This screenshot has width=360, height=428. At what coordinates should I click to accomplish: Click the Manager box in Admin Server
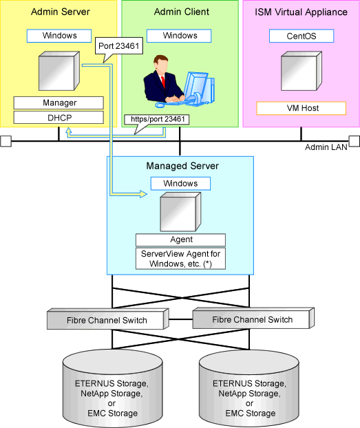tap(59, 103)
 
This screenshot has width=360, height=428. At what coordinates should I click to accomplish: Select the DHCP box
tap(59, 118)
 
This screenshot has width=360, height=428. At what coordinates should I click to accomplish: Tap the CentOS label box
tap(301, 36)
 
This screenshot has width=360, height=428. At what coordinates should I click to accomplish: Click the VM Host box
tap(301, 108)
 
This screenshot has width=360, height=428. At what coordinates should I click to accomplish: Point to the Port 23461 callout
tap(119, 46)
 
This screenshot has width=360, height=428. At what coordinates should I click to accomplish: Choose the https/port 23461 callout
tap(156, 120)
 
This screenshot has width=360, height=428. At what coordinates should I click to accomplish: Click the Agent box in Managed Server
tap(180, 239)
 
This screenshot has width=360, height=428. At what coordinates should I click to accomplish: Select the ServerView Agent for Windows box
tap(180, 259)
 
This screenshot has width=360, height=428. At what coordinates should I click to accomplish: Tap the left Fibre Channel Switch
tap(107, 319)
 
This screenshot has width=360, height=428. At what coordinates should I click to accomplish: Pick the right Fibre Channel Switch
tap(253, 319)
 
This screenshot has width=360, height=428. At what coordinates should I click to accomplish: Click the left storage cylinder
tap(112, 388)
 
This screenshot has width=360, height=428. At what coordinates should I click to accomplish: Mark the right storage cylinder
tap(249, 388)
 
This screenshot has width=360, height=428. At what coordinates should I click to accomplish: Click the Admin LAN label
tap(326, 147)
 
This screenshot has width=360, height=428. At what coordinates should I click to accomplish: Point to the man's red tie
tap(163, 82)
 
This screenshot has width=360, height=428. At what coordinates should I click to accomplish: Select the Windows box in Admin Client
tap(179, 36)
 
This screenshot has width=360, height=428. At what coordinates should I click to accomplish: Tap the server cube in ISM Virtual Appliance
tap(301, 71)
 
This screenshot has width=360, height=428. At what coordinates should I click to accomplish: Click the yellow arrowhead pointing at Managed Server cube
tap(143, 194)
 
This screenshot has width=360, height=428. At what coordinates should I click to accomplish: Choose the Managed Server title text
tap(182, 166)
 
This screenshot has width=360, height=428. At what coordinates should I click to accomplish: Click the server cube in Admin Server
tap(59, 71)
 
